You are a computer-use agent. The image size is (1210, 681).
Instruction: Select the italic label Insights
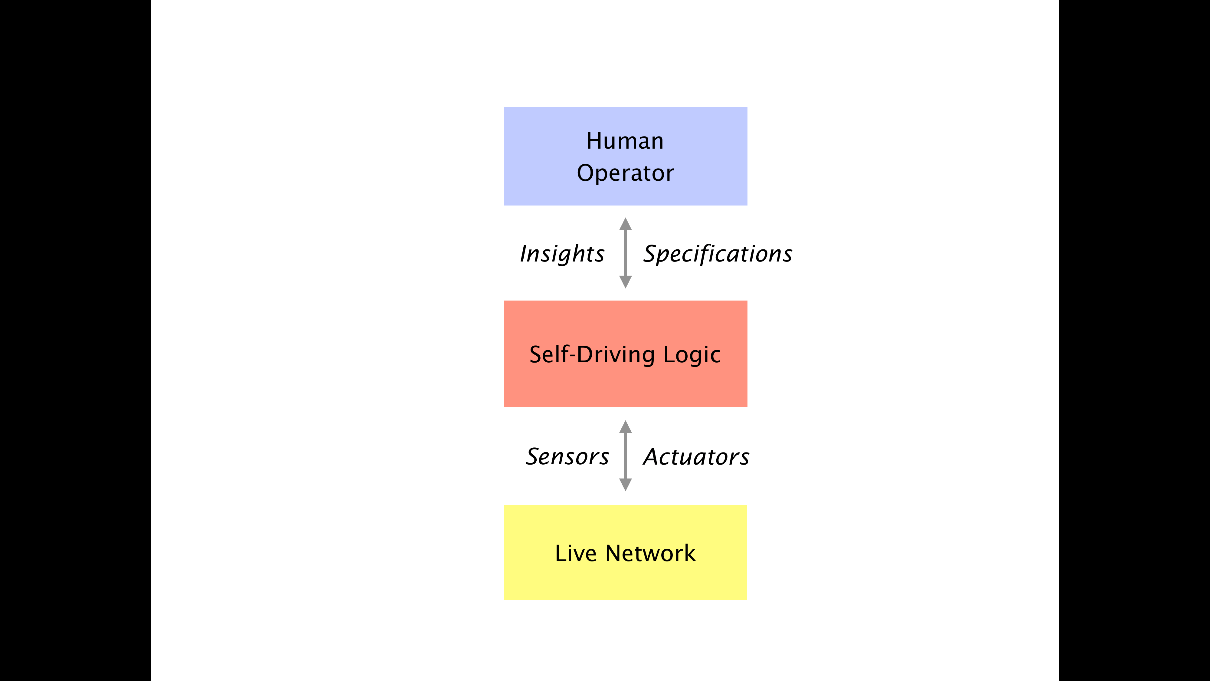[562, 254]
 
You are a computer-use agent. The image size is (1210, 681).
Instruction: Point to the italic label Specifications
[718, 254]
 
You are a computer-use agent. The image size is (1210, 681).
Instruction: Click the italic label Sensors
[567, 457]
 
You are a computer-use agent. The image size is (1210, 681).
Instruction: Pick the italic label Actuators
[696, 457]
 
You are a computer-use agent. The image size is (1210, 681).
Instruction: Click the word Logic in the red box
[692, 355]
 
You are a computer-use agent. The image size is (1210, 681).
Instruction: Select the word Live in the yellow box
[575, 554]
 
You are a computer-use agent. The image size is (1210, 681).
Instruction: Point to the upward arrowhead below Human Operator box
[625, 224]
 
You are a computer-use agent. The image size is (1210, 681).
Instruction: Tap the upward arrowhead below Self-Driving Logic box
[625, 427]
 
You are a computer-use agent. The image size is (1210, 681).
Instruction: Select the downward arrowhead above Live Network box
[625, 485]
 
